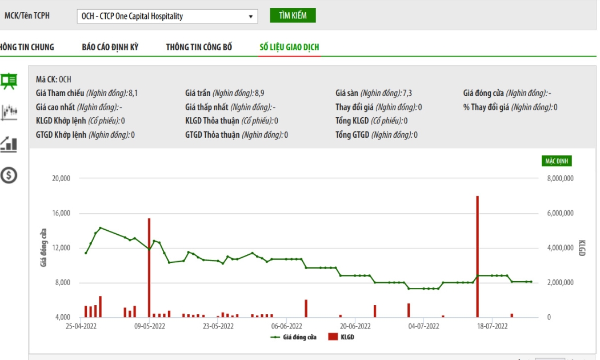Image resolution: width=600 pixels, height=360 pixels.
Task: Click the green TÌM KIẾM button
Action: (293, 15)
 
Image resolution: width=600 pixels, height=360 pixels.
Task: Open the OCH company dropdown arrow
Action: (251, 17)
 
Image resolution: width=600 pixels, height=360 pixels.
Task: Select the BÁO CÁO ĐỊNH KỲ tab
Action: (110, 47)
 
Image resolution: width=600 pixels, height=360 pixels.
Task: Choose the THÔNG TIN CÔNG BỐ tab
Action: (199, 47)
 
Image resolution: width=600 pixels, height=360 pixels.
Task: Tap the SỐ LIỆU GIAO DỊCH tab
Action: (289, 47)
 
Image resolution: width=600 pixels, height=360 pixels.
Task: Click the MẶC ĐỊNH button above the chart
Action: (557, 161)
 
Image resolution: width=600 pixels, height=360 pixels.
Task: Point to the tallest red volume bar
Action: (478, 257)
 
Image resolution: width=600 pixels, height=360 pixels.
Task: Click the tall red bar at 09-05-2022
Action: (149, 268)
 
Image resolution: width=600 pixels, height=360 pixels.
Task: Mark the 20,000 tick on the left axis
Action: (61, 178)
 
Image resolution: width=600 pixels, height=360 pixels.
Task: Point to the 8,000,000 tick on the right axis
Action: (560, 178)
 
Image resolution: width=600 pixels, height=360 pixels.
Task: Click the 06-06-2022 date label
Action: (287, 326)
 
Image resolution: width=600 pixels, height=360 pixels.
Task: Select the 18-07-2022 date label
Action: (492, 326)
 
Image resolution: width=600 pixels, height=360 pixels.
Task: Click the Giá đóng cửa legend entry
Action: (294, 337)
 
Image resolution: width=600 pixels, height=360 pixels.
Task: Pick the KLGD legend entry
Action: (341, 337)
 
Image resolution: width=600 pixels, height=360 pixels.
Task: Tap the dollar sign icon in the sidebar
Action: (9, 175)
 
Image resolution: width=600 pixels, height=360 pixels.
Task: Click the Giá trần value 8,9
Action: (259, 93)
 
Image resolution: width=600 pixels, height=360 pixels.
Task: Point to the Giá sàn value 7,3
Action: (407, 93)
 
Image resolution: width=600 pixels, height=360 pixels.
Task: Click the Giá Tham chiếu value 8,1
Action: (133, 93)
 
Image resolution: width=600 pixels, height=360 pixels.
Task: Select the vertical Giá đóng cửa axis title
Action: (43, 247)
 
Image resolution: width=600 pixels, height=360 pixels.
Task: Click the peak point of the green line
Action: (100, 228)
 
